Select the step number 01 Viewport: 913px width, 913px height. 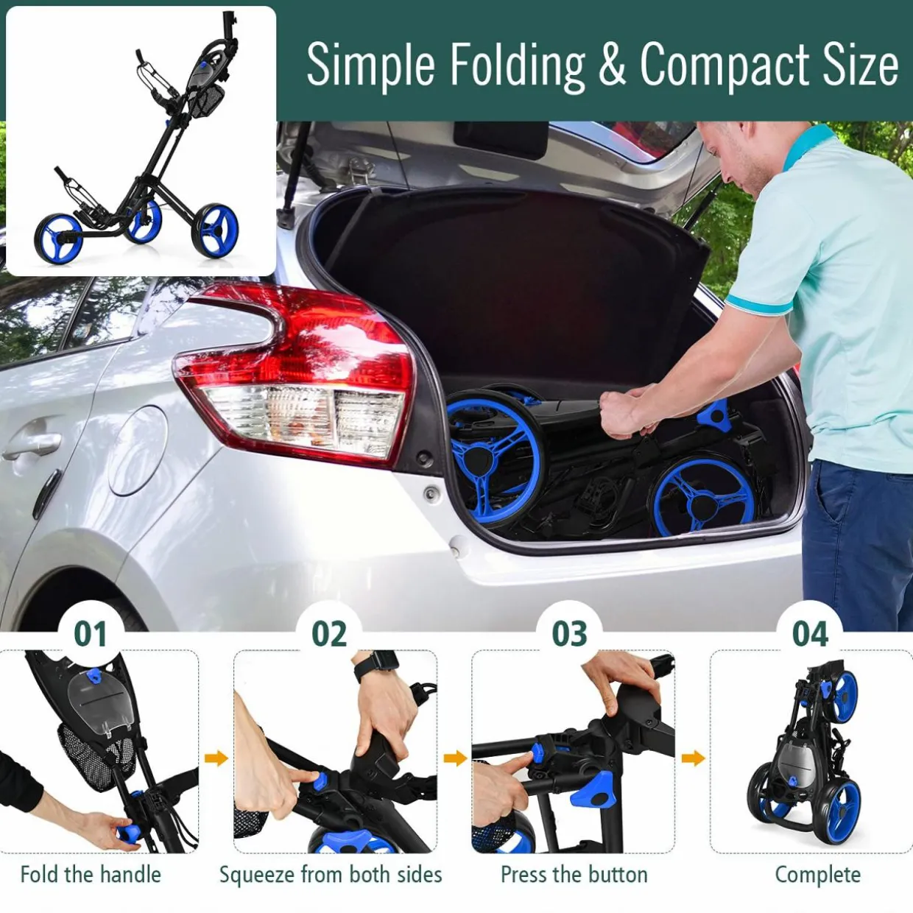[91, 635]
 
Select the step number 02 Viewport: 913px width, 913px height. [330, 635]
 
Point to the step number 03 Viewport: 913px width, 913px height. [569, 635]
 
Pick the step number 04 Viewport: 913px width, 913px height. [810, 635]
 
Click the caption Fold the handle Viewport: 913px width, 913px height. [91, 875]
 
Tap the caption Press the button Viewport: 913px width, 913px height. [574, 875]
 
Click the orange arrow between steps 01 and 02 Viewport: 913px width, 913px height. [216, 758]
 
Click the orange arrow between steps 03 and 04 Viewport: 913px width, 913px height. [693, 758]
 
